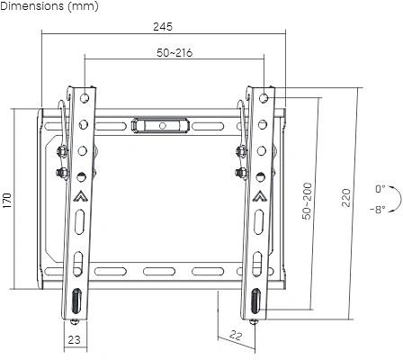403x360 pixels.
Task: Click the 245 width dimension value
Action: [x=163, y=27]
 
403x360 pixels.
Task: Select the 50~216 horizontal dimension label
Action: [x=175, y=53]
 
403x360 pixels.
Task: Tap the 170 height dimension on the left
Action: [x=6, y=201]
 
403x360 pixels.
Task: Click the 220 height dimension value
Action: [x=346, y=197]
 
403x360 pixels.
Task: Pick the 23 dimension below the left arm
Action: [x=74, y=339]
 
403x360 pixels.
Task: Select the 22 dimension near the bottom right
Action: [x=236, y=335]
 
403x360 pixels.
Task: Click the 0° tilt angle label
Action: [x=381, y=189]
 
